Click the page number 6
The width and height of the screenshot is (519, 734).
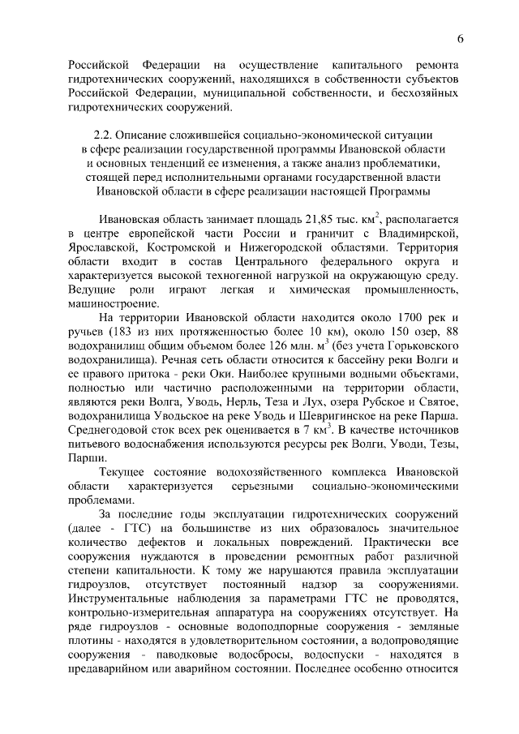pos(461,38)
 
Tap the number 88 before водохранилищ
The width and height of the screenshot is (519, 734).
pos(453,332)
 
